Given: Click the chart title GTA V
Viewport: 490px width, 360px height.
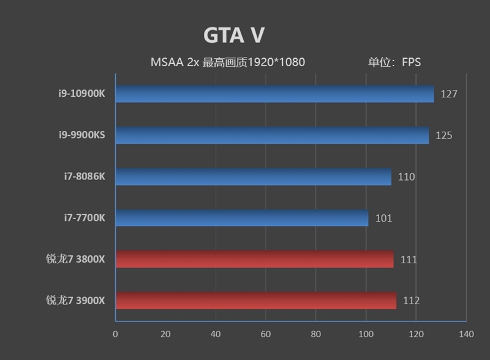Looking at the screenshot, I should pyautogui.click(x=233, y=36).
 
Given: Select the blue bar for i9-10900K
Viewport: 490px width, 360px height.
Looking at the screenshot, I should pyautogui.click(x=274, y=94).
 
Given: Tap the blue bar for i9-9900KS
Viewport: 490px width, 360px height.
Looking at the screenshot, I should pyautogui.click(x=272, y=135).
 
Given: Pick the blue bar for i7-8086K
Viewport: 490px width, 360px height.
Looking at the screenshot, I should pyautogui.click(x=253, y=177).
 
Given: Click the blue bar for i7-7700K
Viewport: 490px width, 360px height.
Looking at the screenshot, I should pyautogui.click(x=242, y=218).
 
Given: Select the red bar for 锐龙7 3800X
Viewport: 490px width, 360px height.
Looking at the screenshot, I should pyautogui.click(x=254, y=259).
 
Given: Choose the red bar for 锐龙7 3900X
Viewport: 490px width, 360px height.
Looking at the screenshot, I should pyautogui.click(x=255, y=301).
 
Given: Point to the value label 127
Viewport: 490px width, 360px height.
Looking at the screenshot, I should pyautogui.click(x=449, y=94).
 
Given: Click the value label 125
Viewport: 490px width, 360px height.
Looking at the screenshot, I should pyautogui.click(x=444, y=135).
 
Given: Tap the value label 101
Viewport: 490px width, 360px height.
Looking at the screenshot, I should pyautogui.click(x=383, y=218).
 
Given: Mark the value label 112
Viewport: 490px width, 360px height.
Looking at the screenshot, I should pyautogui.click(x=411, y=301).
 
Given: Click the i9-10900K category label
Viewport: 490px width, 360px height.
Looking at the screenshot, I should pyautogui.click(x=78, y=94).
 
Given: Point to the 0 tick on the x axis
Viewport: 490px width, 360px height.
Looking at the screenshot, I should pyautogui.click(x=115, y=334).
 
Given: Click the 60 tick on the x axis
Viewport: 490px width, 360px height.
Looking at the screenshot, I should pyautogui.click(x=265, y=334).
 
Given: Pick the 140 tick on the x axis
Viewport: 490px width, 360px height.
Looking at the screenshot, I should pyautogui.click(x=466, y=334).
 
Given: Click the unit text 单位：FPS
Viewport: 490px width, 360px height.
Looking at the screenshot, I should pyautogui.click(x=394, y=62).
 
